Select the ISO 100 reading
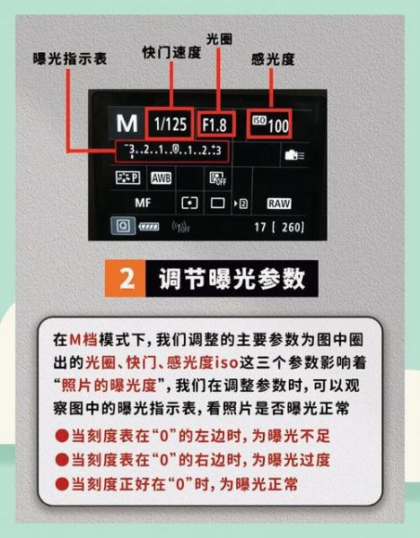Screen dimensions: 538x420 (270, 124)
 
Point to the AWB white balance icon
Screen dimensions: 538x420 (161, 178)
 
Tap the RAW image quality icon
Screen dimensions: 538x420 (279, 203)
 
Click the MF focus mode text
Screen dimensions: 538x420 (143, 203)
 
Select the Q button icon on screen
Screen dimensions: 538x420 (119, 227)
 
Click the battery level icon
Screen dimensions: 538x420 (147, 228)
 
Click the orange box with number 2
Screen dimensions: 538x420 (127, 279)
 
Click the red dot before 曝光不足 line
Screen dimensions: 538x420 (62, 437)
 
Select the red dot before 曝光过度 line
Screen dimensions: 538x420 (62, 460)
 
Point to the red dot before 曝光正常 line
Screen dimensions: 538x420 (62, 483)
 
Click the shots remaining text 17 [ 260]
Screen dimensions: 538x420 (278, 228)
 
